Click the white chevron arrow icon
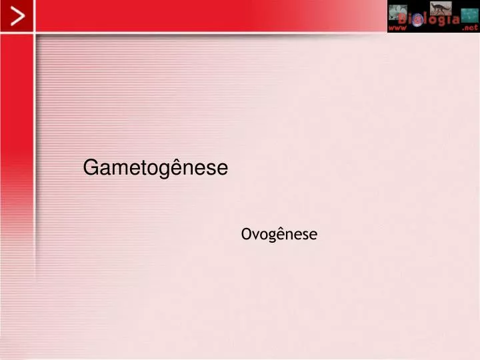tap(18, 16)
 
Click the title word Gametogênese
tap(155, 168)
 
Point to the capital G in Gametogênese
tap(91, 167)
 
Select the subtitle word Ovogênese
tap(279, 235)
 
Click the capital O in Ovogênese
tap(247, 234)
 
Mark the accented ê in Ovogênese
tap(281, 233)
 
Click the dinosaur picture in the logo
tap(441, 8)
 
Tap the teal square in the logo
tap(469, 15)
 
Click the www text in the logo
tap(397, 28)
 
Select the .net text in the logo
tap(470, 27)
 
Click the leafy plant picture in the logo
tap(397, 12)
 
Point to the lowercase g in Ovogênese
tap(271, 237)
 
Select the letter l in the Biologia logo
tap(426, 19)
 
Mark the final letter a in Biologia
tap(455, 20)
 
